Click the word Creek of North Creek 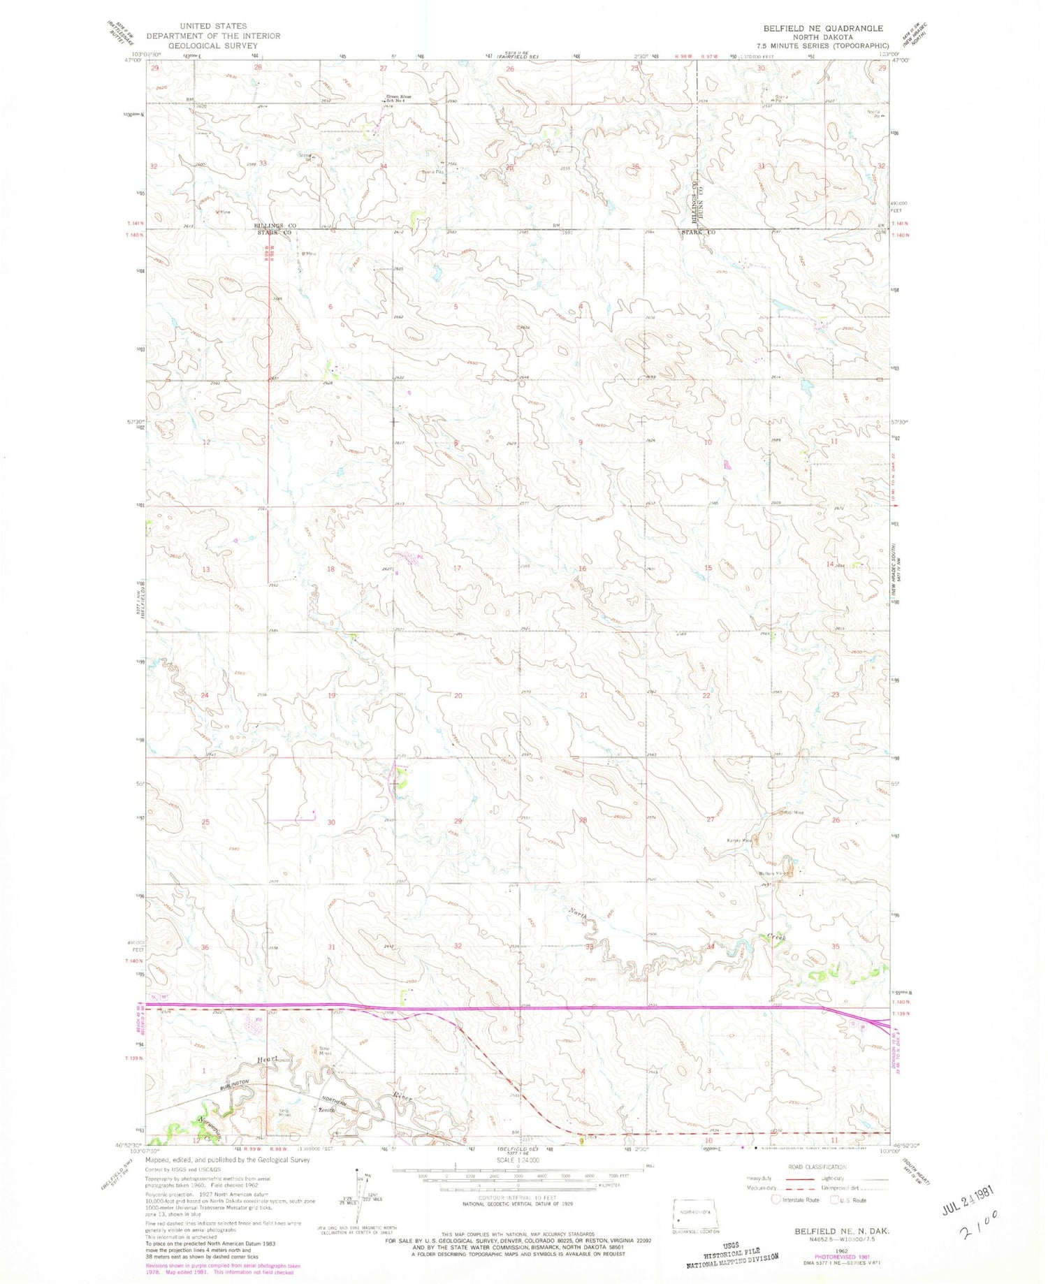[x=777, y=938]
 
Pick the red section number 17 [x=457, y=569]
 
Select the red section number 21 [x=583, y=695]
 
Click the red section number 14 [x=830, y=564]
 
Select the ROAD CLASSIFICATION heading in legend [x=817, y=1167]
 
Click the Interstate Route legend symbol [x=776, y=1200]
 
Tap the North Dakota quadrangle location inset [x=694, y=1215]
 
